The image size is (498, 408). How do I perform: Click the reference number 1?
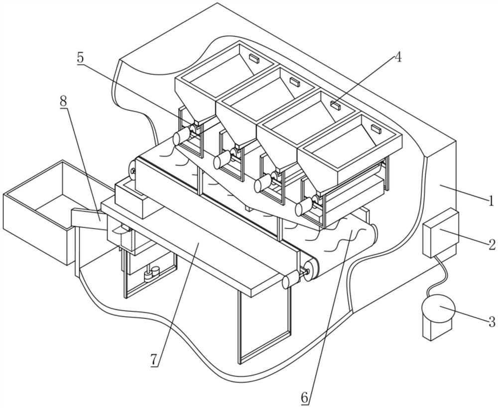(491, 201)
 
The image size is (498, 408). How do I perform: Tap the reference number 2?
(492, 245)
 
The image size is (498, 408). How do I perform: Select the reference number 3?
(492, 322)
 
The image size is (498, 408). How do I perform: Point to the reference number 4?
(397, 57)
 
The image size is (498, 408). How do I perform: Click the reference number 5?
(80, 57)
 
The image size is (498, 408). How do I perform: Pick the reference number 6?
(305, 397)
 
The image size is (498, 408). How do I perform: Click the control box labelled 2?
(441, 233)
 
